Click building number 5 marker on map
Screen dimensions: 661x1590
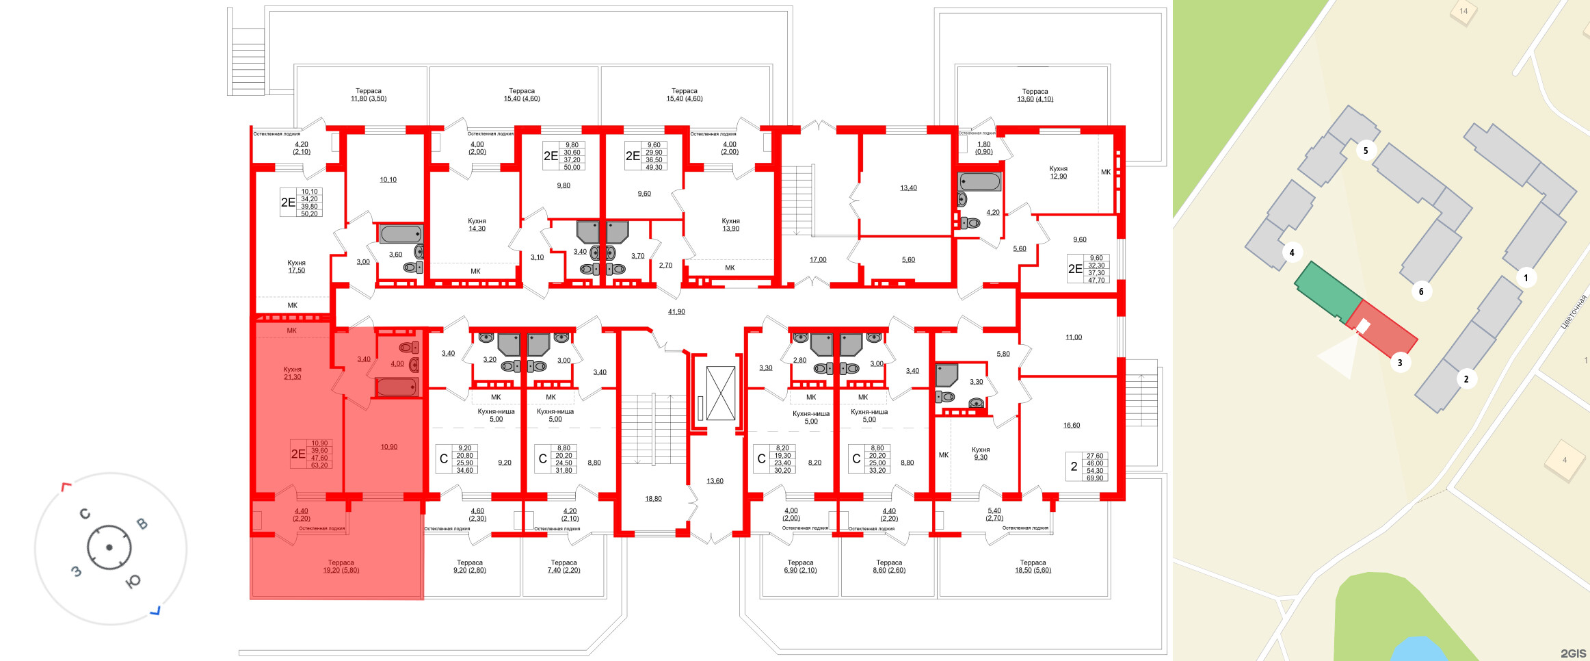coord(1366,151)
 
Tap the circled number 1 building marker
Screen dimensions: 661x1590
coord(1526,278)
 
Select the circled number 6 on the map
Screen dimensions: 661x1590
coord(1421,291)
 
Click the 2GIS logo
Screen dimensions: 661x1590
coord(1573,653)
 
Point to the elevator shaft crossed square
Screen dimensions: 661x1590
coord(720,393)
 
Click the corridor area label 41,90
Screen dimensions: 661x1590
coord(676,312)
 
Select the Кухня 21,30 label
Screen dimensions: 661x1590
coord(292,373)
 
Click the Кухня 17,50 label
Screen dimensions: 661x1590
coord(296,266)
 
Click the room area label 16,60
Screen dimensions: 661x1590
coord(1072,426)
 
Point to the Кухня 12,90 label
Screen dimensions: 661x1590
coord(1058,172)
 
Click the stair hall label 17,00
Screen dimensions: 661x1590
coord(818,260)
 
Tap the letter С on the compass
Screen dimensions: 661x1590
coord(85,514)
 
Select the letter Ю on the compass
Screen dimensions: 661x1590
coord(133,582)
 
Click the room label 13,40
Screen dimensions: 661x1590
coord(908,188)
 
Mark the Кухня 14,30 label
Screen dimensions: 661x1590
coord(477,224)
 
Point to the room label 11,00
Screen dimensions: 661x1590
coord(1074,337)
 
